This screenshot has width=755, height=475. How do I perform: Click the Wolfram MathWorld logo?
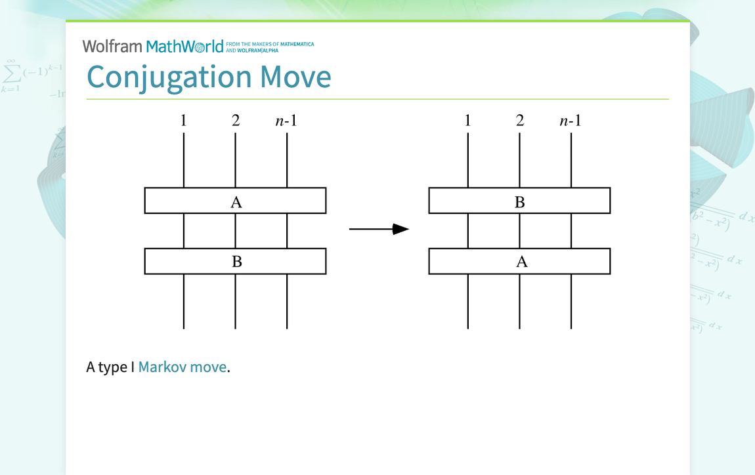(x=153, y=47)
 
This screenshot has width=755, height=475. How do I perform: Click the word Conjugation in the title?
(x=169, y=77)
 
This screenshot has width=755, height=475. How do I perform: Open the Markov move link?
(x=182, y=367)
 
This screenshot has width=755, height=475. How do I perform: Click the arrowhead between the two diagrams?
(x=400, y=229)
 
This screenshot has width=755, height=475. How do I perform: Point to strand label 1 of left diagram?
(x=184, y=121)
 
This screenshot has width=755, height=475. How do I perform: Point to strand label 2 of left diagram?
(x=236, y=121)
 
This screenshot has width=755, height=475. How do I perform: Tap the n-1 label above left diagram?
(x=286, y=121)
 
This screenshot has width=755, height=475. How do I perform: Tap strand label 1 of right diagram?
(x=467, y=121)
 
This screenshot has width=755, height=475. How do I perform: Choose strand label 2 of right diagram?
(x=520, y=121)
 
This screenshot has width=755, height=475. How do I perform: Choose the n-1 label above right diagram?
(x=571, y=121)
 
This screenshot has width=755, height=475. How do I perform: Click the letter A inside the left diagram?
(x=236, y=203)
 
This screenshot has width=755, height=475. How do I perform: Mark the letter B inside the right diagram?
(x=520, y=203)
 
